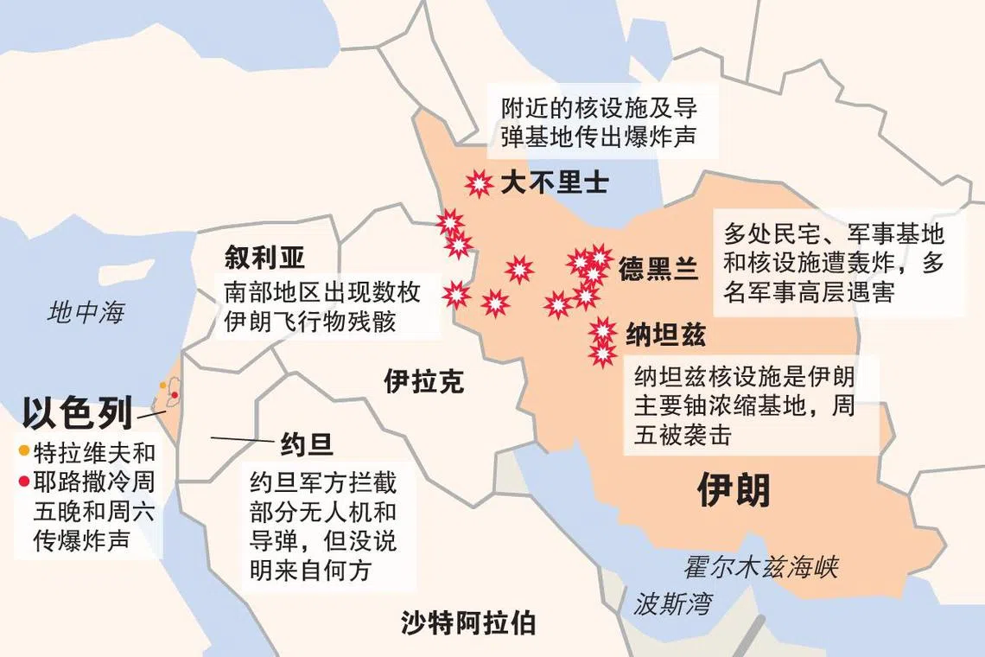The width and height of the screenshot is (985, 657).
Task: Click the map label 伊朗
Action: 734,491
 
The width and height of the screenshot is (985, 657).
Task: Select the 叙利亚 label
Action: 265,257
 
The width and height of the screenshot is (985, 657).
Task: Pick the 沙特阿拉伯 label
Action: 467,622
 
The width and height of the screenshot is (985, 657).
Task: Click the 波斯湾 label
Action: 674,603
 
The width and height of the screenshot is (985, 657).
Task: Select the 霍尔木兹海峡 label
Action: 761,567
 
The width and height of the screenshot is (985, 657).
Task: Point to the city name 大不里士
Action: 554,183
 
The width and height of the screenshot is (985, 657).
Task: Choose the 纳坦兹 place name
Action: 659,334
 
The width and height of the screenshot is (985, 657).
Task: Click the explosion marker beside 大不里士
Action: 478,183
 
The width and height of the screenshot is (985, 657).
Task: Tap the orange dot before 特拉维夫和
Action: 24,450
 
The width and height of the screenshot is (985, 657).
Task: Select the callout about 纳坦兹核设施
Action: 744,405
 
